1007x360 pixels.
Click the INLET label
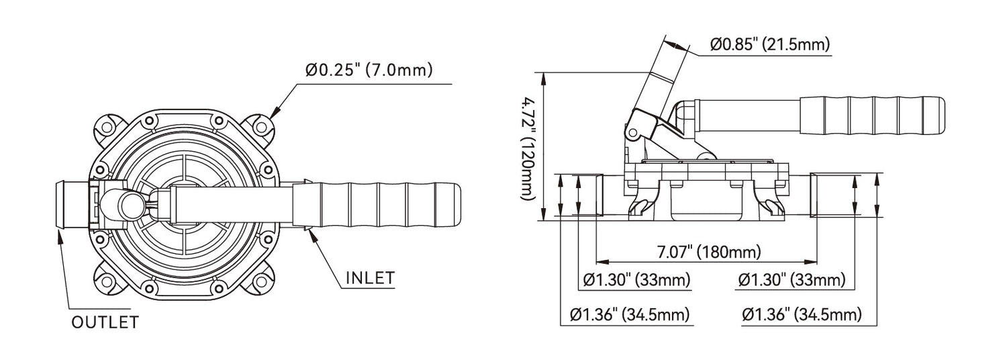click(x=370, y=277)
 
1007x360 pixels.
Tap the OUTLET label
click(x=105, y=322)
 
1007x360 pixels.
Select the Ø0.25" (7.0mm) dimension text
click(x=369, y=70)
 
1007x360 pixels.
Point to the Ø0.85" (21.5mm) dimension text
click(x=770, y=44)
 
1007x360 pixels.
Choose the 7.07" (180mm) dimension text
click(x=709, y=252)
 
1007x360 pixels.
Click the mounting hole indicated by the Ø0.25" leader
click(x=260, y=126)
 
